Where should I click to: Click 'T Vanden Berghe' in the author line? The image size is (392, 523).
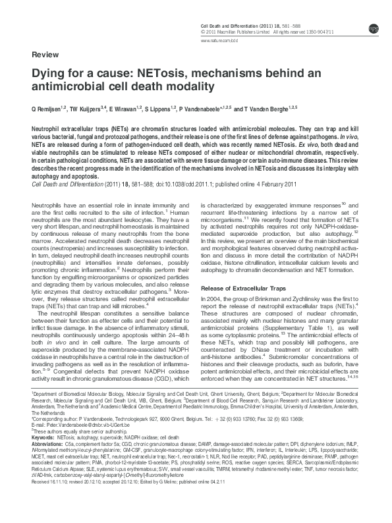point(271,107)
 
